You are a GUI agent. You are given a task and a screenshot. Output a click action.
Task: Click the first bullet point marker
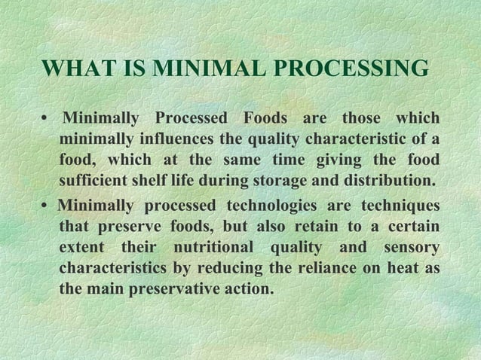[46, 121]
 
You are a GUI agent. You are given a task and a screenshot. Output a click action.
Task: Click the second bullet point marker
[47, 206]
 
